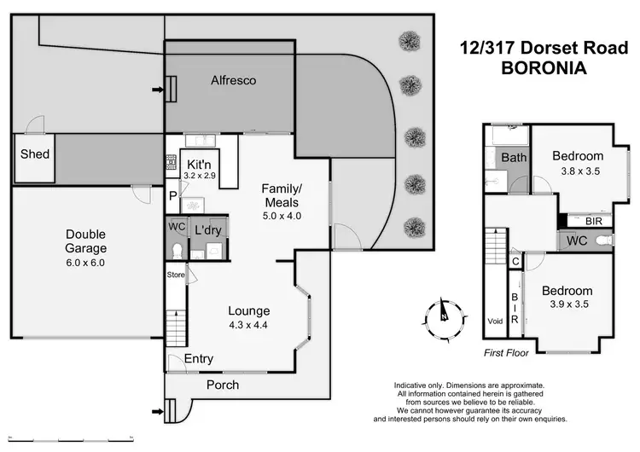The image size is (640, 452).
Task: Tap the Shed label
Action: (x=35, y=154)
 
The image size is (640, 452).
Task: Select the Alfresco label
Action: (x=234, y=80)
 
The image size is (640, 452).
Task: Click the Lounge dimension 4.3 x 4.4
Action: (x=248, y=325)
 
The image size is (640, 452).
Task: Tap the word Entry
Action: (x=199, y=359)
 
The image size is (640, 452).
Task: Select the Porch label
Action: (x=223, y=385)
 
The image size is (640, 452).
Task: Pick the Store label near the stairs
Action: (x=174, y=275)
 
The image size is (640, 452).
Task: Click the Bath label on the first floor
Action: (x=514, y=158)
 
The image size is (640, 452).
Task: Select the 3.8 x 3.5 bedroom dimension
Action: (x=577, y=171)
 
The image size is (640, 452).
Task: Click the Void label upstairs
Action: (x=495, y=322)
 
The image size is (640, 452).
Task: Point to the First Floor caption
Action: (x=505, y=351)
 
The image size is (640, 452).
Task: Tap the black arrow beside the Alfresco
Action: (x=157, y=88)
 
